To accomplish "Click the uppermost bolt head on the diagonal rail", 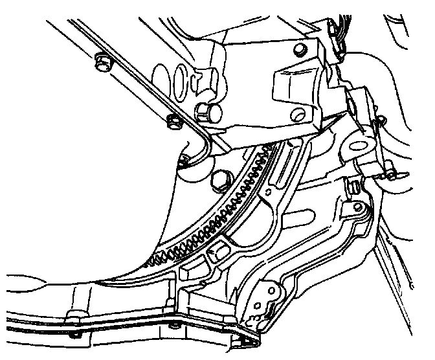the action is click(101, 62).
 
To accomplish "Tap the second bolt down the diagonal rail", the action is click(173, 119).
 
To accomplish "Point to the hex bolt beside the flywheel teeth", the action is click(218, 179).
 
